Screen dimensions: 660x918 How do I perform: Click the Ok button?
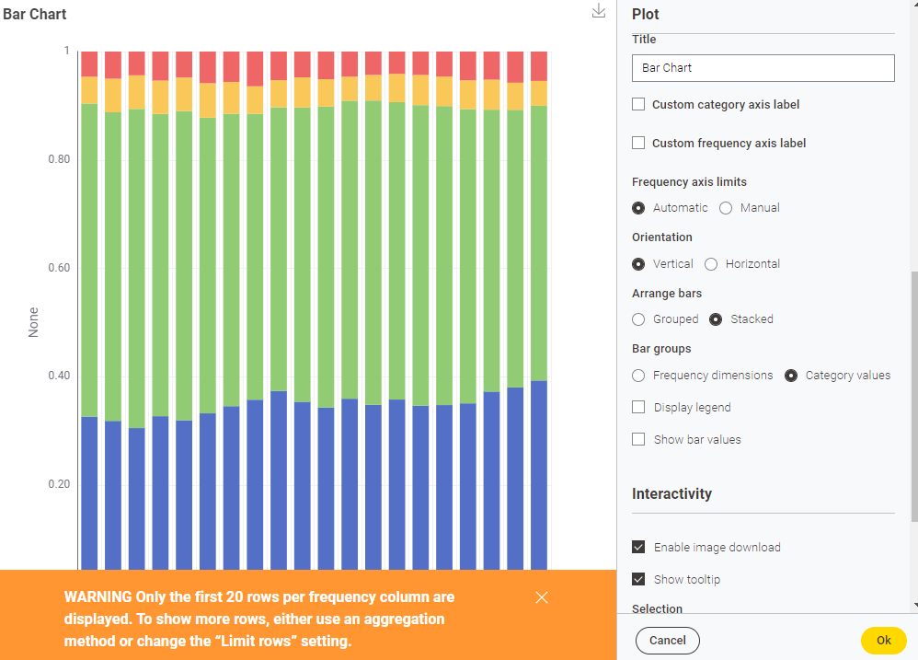pos(883,640)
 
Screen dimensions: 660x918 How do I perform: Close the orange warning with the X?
pos(542,597)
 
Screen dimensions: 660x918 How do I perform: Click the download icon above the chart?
pos(599,11)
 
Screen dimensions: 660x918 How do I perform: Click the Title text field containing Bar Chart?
pos(763,68)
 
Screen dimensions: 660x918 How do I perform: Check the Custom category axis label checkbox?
pos(638,105)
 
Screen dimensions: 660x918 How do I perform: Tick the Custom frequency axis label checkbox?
pos(638,144)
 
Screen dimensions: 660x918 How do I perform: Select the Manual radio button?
pos(726,208)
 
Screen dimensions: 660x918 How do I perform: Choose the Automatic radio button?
pos(638,208)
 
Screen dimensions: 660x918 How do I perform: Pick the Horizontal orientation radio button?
pos(711,264)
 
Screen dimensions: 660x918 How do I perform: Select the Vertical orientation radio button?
pos(638,264)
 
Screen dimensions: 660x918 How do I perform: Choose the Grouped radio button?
pos(638,319)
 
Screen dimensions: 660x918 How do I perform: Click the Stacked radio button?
pos(716,319)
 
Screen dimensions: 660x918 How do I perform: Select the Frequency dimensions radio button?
pos(638,376)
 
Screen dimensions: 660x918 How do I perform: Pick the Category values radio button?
pos(790,376)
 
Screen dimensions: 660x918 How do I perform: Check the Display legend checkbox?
pos(638,407)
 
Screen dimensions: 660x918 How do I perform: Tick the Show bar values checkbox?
pos(638,439)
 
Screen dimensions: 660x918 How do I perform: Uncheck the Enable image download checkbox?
pos(638,547)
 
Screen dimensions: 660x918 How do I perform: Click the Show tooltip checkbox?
pos(638,579)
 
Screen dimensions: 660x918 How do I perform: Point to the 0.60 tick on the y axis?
pos(59,268)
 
